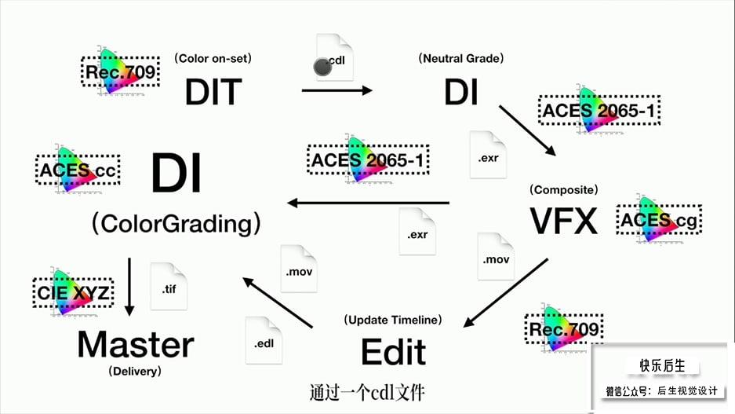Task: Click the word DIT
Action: pos(213,92)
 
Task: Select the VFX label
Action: pos(564,221)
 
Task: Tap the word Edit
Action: pos(393,352)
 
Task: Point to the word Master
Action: pos(136,344)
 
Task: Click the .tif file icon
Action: pos(169,286)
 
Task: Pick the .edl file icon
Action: pos(264,340)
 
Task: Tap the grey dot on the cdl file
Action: pos(322,67)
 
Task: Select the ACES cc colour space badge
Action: pos(78,169)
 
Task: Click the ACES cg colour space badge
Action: pos(659,219)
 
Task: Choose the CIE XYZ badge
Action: pos(73,292)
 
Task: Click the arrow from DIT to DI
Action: pos(337,90)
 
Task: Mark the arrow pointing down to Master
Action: pos(129,287)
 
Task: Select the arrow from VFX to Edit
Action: pos(505,292)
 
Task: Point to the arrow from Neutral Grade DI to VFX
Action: pos(527,130)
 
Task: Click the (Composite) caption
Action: pos(564,189)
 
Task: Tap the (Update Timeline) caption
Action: pos(393,320)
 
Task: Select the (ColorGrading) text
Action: pos(176,223)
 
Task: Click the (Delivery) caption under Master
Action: pos(135,371)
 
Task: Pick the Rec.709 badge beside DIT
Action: pos(121,71)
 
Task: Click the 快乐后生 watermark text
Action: pos(662,365)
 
